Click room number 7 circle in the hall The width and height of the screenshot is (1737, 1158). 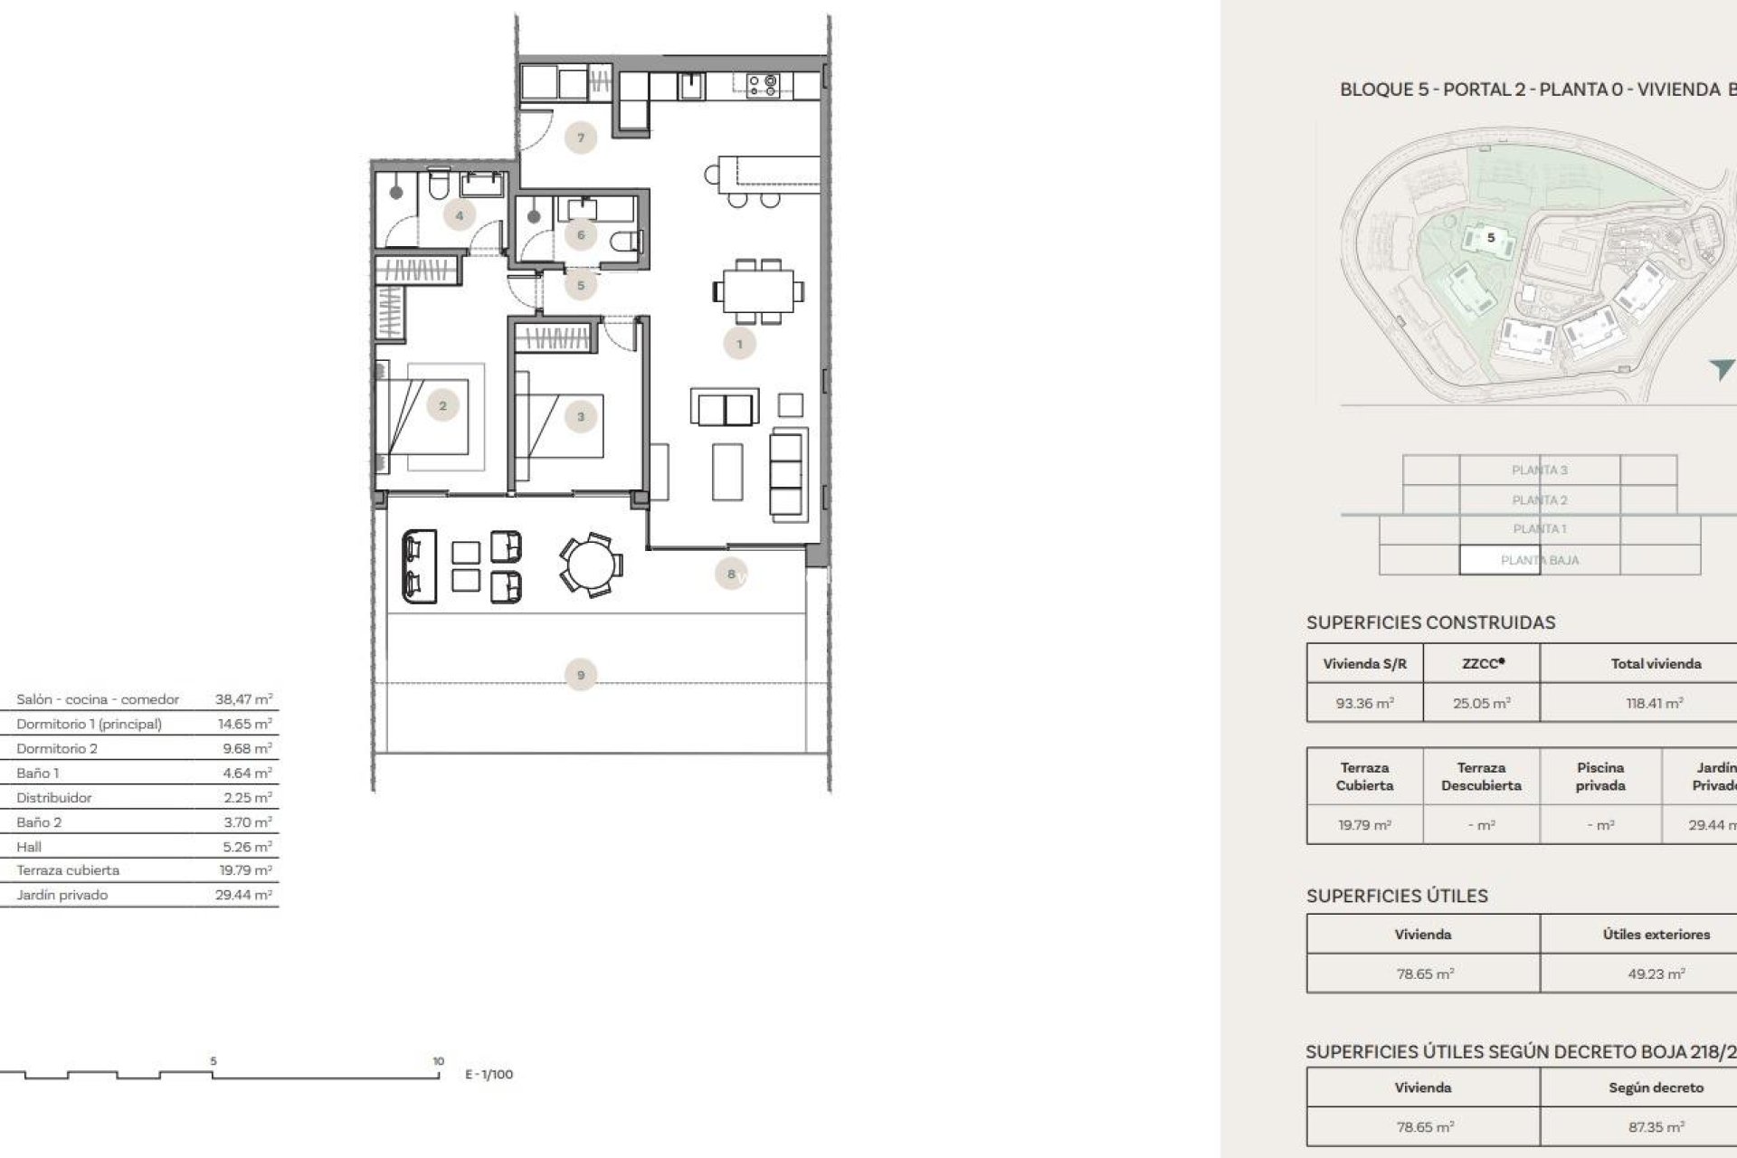click(581, 138)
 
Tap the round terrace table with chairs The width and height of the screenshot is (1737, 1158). click(590, 565)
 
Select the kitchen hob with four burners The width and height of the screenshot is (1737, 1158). click(763, 85)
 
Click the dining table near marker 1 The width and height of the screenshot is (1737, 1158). click(758, 291)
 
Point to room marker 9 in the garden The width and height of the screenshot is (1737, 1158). click(581, 675)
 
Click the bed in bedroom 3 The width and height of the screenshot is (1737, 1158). click(559, 426)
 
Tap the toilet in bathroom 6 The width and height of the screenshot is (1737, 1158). click(626, 242)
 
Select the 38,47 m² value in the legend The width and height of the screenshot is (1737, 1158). click(243, 699)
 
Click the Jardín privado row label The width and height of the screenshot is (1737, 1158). click(62, 895)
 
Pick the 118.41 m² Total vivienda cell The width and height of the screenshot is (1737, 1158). click(1655, 703)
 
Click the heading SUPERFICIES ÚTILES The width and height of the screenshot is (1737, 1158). click(1397, 896)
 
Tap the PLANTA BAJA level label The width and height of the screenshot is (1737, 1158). click(1539, 560)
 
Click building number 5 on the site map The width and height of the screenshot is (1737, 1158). click(1491, 238)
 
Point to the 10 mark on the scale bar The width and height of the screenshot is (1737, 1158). click(438, 1061)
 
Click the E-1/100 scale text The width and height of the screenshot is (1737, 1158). click(489, 1075)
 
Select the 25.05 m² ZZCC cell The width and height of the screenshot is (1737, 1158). click(1481, 703)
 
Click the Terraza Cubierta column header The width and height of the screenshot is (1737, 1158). click(1364, 776)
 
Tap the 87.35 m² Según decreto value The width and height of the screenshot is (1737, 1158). click(1656, 1127)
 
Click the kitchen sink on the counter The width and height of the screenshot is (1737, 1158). click(691, 86)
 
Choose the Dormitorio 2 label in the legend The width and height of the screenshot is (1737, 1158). click(57, 748)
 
